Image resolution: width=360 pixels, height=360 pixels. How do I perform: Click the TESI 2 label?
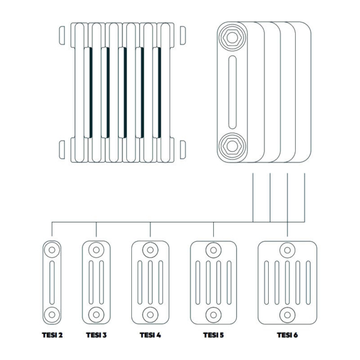[x=52, y=335]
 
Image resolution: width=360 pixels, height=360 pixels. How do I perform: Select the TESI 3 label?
[x=96, y=335]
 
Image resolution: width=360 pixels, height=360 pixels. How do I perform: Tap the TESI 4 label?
[x=150, y=335]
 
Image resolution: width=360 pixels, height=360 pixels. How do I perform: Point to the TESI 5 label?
[x=213, y=335]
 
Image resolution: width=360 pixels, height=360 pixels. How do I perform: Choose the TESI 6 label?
[x=287, y=335]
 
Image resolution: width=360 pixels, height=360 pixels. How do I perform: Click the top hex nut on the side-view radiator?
[x=232, y=37]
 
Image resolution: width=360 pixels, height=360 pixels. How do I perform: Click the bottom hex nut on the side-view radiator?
[x=232, y=146]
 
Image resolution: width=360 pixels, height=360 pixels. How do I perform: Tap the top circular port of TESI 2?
[x=52, y=250]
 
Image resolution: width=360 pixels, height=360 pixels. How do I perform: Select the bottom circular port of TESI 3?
[x=96, y=314]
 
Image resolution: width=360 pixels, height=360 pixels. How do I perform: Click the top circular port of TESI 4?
[x=150, y=250]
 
